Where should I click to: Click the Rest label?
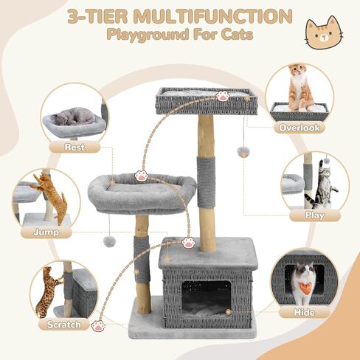click(74, 147)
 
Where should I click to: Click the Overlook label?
click(299, 128)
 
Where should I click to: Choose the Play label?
click(314, 215)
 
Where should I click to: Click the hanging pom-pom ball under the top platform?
click(242, 150)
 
